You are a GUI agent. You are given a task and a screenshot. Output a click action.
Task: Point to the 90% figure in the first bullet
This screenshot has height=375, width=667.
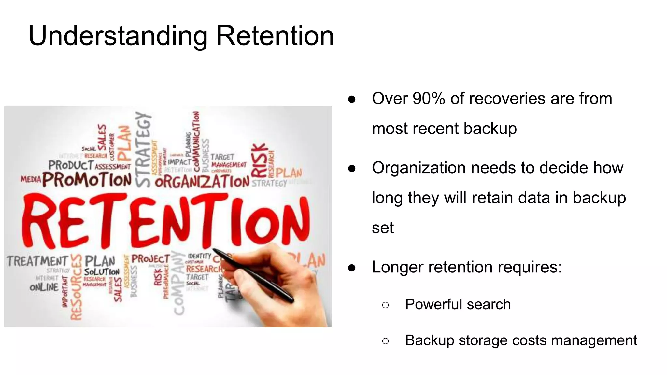[x=429, y=98]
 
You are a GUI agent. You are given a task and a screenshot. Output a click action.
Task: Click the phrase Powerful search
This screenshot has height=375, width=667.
[x=458, y=304]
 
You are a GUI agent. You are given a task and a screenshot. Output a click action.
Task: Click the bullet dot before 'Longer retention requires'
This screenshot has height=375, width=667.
[x=352, y=268]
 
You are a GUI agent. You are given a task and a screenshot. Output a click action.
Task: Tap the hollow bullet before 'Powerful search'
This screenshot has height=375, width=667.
[x=385, y=305]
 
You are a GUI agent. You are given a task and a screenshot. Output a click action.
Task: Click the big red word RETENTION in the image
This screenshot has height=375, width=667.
[x=166, y=221]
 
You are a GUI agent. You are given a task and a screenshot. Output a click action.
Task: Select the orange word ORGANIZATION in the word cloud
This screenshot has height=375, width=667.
[x=202, y=182]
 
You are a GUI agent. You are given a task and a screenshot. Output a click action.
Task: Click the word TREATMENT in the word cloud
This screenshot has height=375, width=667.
[x=37, y=261]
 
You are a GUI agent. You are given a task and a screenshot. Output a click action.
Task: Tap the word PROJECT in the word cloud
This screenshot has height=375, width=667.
[x=150, y=259]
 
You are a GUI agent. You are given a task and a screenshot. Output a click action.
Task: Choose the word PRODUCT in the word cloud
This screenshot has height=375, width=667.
[x=71, y=165]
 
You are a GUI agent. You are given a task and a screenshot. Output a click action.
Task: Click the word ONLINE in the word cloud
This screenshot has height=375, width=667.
[x=44, y=287]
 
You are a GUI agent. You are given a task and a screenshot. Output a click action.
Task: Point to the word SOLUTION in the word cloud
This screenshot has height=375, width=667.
[x=102, y=272]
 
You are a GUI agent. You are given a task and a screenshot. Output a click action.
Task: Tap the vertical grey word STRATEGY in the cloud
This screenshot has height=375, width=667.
[x=143, y=150]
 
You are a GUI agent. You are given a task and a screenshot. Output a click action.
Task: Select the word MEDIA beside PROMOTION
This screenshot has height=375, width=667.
[x=31, y=179]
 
